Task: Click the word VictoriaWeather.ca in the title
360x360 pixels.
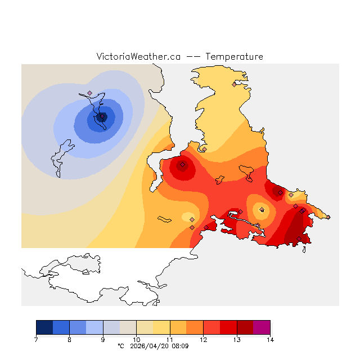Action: click(138, 57)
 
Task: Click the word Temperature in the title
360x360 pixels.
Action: click(234, 57)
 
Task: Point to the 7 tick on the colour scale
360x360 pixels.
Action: click(36, 339)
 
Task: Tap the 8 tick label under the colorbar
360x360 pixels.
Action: click(69, 339)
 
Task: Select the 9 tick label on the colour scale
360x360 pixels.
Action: click(103, 339)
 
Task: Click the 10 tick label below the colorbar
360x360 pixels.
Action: click(136, 339)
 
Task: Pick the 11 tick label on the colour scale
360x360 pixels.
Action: click(169, 339)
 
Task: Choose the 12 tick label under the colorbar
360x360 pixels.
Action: click(203, 339)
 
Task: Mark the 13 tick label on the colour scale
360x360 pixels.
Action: click(236, 339)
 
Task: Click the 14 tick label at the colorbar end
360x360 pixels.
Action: click(269, 339)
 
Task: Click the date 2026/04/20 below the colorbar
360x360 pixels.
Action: click(150, 346)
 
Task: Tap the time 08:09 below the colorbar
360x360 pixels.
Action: click(180, 346)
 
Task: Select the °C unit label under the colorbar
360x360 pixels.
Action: click(121, 346)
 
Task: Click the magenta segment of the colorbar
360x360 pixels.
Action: click(262, 327)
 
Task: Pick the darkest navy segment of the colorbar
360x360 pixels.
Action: click(44, 327)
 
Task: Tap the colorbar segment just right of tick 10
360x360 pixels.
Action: click(145, 327)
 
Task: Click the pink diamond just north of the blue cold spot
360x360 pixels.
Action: click(89, 93)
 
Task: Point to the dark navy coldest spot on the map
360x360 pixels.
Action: click(102, 117)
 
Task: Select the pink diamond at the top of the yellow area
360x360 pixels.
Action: click(235, 84)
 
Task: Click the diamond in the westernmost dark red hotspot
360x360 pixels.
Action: click(182, 165)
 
